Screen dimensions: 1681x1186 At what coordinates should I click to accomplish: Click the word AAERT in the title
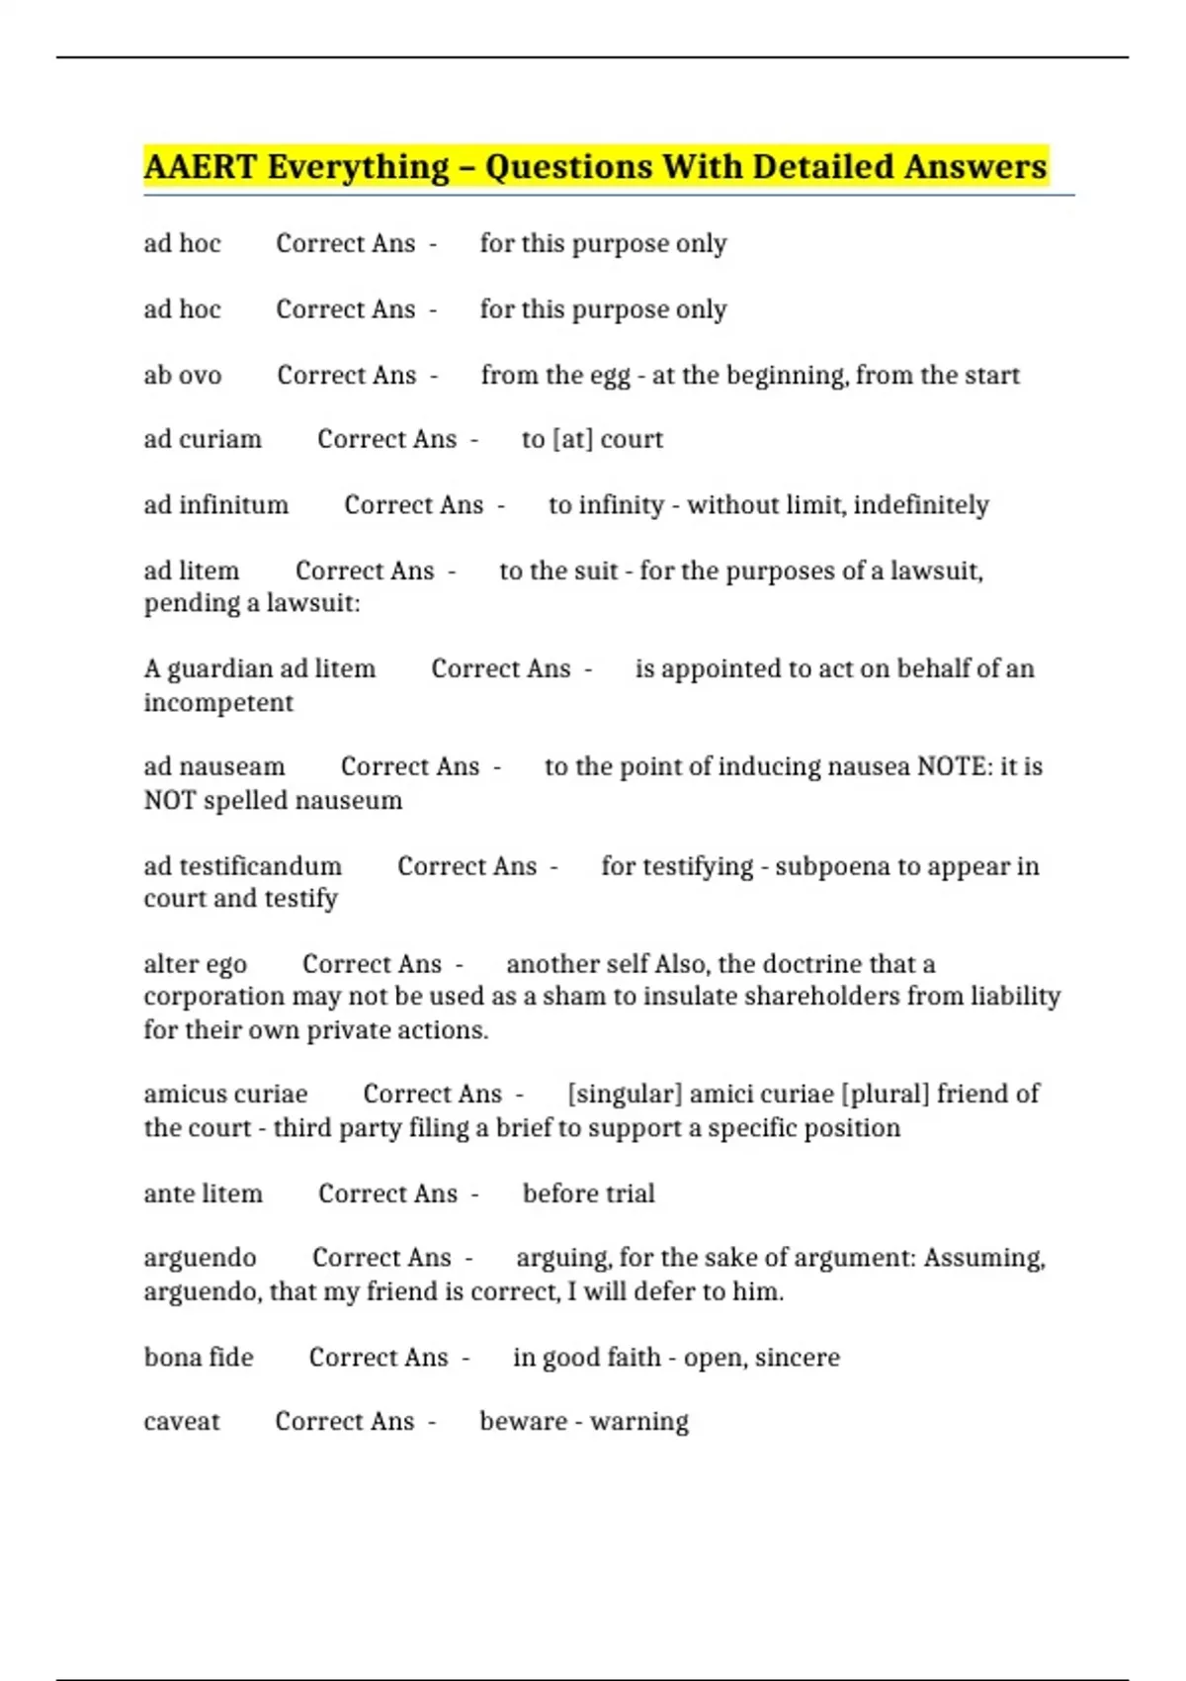point(201,166)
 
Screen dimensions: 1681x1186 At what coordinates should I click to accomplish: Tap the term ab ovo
point(183,376)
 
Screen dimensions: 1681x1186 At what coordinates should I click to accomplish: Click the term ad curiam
point(203,439)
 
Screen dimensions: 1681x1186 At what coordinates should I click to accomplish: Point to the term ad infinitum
point(216,505)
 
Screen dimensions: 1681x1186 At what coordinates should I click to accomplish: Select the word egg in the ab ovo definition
point(610,377)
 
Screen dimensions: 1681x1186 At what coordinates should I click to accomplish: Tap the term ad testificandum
point(243,866)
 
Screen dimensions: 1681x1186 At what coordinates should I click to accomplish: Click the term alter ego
point(196,964)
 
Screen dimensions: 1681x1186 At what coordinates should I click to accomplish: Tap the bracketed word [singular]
point(625,1094)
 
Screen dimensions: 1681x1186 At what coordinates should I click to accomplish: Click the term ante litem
point(204,1194)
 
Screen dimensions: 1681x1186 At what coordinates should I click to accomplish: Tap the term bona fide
point(199,1358)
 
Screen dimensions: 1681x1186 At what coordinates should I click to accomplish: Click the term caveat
point(182,1422)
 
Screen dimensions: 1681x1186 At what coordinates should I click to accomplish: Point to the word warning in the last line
point(639,1422)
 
